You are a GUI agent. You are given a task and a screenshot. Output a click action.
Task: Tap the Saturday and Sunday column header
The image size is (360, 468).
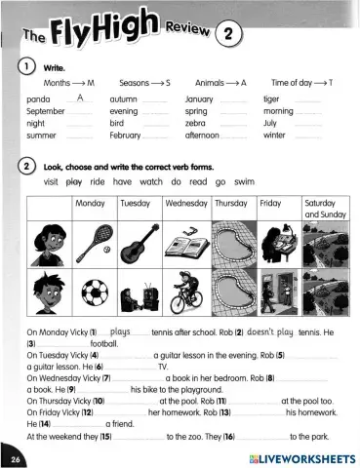pyautogui.click(x=326, y=208)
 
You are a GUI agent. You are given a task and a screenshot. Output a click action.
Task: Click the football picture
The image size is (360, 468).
pyautogui.click(x=95, y=292)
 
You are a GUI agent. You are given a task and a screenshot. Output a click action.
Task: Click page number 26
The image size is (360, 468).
pyautogui.click(x=16, y=457)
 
